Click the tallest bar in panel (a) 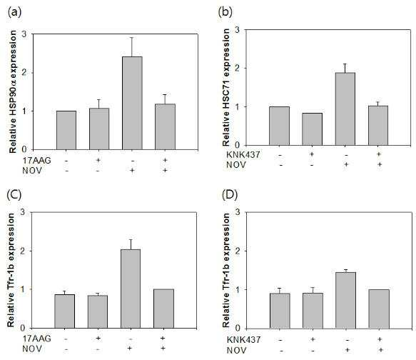tap(132, 103)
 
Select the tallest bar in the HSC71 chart tap(345, 109)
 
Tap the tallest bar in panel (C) tap(131, 289)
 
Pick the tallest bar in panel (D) tap(345, 300)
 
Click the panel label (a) tap(14, 12)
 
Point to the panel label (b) tap(225, 12)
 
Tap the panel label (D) tap(230, 195)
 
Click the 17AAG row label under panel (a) tap(36, 161)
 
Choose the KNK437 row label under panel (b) tap(243, 154)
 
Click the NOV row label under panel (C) tap(32, 349)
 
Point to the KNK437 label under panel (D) tap(244, 339)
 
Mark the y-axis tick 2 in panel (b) tap(237, 69)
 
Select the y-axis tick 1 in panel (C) tap(24, 289)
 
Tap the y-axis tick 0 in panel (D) tap(238, 328)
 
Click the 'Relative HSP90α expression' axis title tap(12, 91)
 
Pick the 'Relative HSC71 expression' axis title tap(226, 87)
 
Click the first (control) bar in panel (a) tap(66, 130)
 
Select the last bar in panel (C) tap(163, 309)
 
